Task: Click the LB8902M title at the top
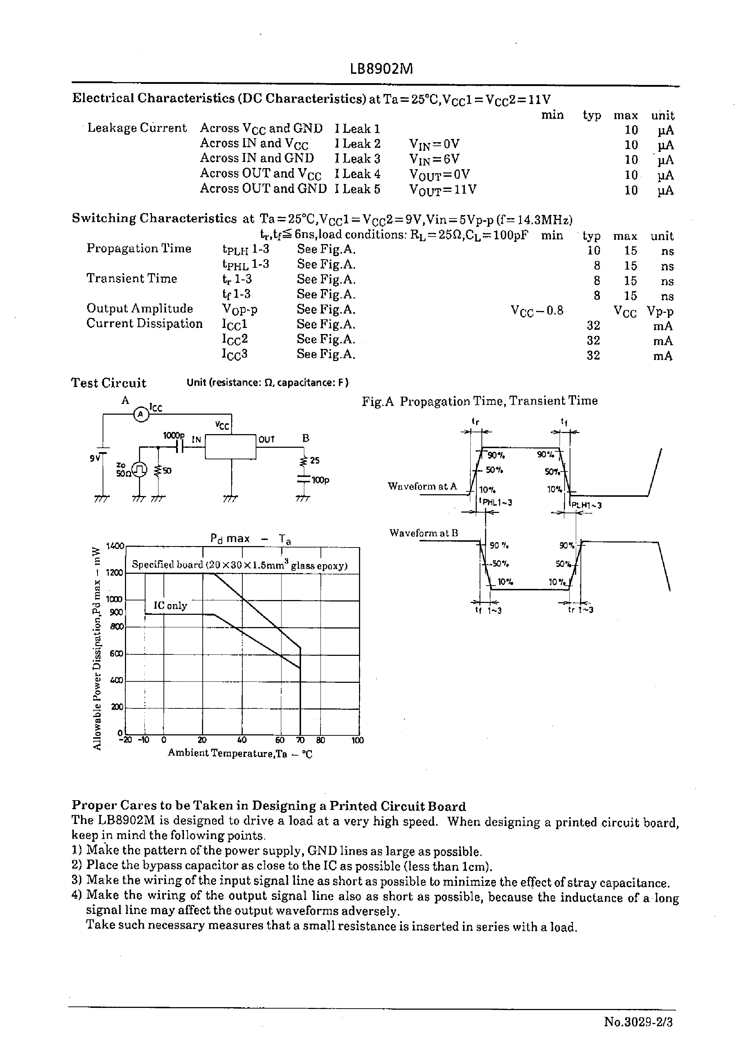pyautogui.click(x=381, y=69)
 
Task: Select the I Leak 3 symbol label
pyautogui.click(x=358, y=158)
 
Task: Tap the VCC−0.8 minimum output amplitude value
pyautogui.click(x=537, y=311)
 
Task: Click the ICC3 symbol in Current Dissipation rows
pyautogui.click(x=235, y=355)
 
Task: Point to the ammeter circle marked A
pyautogui.click(x=141, y=415)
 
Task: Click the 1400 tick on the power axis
pyautogui.click(x=115, y=546)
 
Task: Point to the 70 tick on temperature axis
pyautogui.click(x=300, y=740)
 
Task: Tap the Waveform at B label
pyautogui.click(x=423, y=533)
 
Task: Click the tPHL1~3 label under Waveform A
pyautogui.click(x=496, y=502)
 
